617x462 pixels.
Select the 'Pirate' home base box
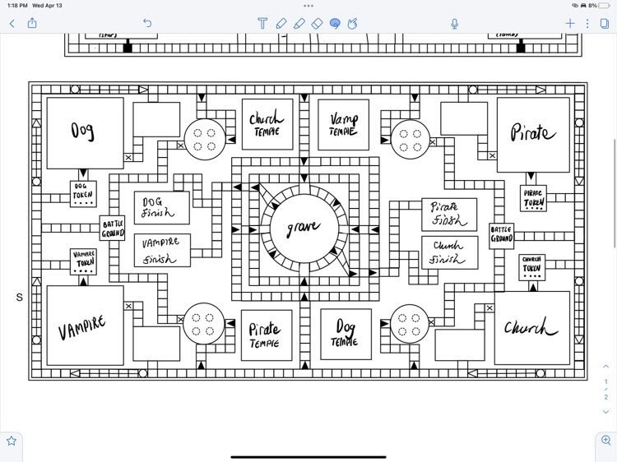533,134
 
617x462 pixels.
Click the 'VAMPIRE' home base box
84,326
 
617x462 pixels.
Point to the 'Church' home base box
531,328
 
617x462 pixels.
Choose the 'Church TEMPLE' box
266,124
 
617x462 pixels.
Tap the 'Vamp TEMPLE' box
344,124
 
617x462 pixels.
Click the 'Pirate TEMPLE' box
266,335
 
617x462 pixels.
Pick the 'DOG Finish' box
161,208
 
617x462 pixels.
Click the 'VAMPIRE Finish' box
161,250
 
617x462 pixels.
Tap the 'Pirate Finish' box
449,214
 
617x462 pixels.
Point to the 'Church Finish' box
449,252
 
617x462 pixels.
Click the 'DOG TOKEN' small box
84,194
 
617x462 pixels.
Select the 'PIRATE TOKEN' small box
533,197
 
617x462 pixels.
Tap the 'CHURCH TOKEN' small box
532,266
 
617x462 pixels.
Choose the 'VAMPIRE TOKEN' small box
84,261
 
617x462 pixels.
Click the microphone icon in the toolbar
455,24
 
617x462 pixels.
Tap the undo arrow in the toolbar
147,24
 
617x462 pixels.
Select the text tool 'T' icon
262,24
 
